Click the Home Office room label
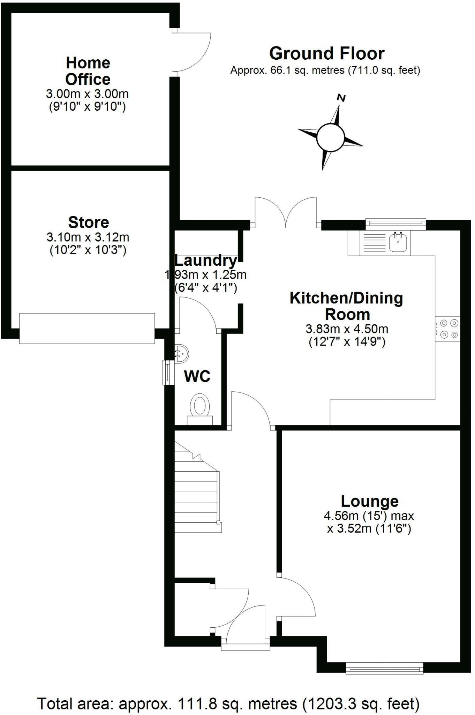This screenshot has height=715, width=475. [x=88, y=71]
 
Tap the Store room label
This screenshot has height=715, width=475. [x=89, y=222]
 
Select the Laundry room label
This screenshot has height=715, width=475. [x=205, y=260]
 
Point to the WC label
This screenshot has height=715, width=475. [x=197, y=376]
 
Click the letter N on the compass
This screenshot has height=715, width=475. [x=341, y=98]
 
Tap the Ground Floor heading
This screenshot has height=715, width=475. [x=327, y=54]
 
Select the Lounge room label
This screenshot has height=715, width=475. [x=369, y=501]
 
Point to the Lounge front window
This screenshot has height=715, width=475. [x=384, y=669]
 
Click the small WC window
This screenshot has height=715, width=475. [x=168, y=373]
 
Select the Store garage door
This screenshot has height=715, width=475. [x=87, y=328]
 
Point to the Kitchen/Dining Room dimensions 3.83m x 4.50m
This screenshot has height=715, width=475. [x=347, y=329]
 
